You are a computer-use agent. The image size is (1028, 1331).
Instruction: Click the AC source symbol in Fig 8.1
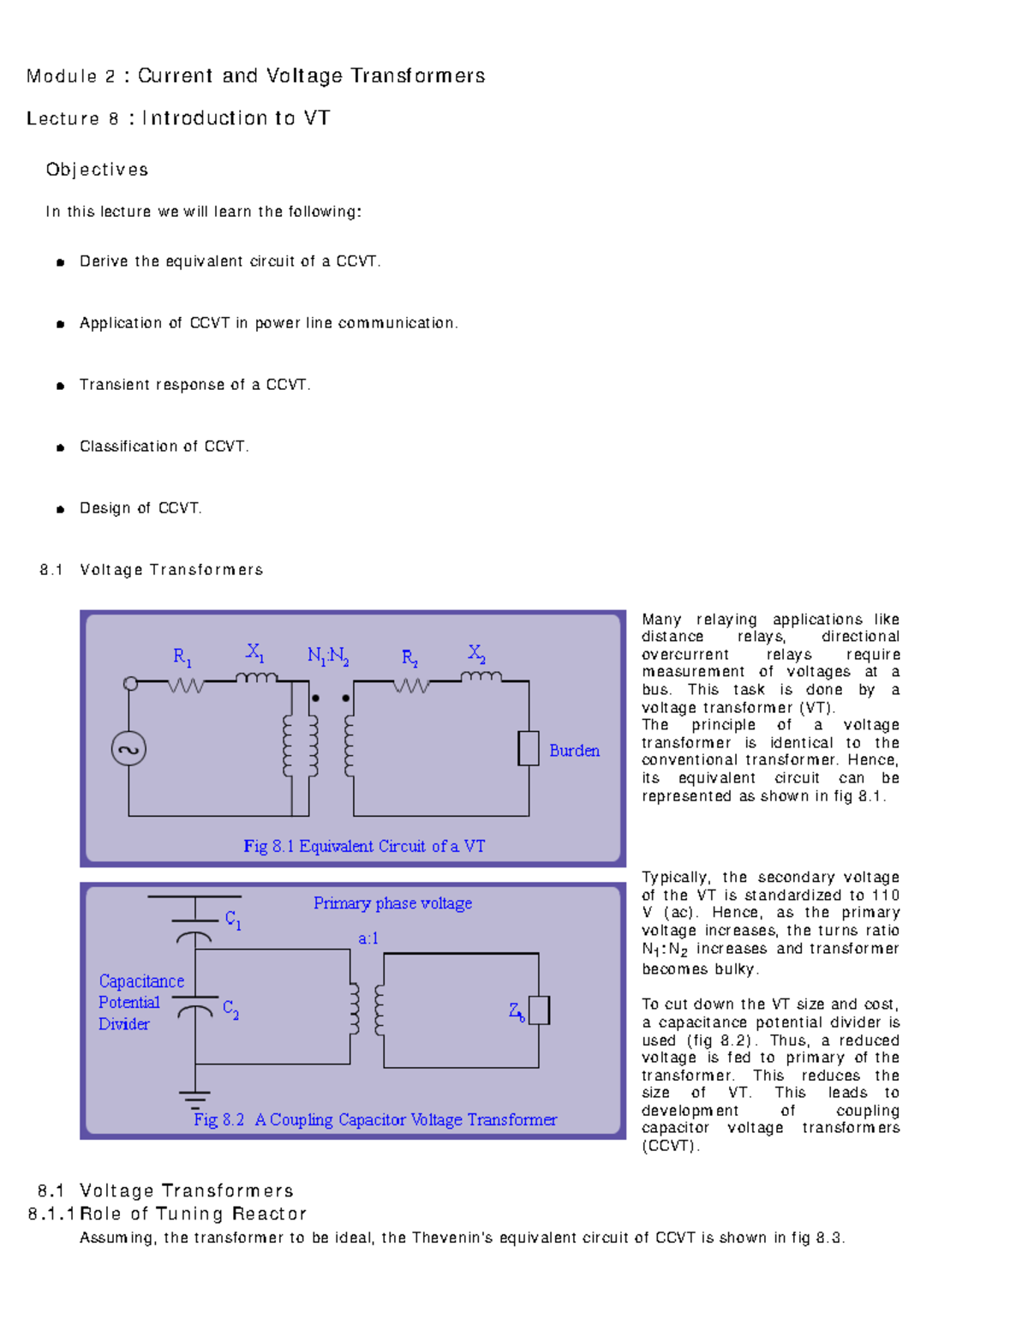(x=128, y=749)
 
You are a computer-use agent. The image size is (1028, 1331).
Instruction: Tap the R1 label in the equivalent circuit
(x=182, y=657)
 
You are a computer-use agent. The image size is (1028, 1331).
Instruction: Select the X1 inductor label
(x=254, y=653)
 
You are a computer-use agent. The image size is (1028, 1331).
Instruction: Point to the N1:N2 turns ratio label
(x=327, y=657)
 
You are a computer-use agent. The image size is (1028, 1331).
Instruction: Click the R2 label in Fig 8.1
(x=409, y=658)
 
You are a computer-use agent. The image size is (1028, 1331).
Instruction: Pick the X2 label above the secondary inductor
(x=476, y=653)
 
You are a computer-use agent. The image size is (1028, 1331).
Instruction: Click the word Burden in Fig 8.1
(x=574, y=751)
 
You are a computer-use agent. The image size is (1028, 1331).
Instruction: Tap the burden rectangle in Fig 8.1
(x=529, y=748)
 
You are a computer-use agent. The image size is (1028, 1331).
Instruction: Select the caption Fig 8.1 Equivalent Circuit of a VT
(x=364, y=846)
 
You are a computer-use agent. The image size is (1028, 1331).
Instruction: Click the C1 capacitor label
(x=233, y=920)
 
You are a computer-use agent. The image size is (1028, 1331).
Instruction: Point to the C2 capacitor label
(x=230, y=1009)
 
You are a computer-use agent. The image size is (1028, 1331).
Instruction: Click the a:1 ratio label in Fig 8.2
(x=368, y=938)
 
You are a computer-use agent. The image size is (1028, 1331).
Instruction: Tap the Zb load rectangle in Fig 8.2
(x=539, y=1010)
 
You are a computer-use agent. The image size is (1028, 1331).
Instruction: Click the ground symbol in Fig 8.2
(x=194, y=1099)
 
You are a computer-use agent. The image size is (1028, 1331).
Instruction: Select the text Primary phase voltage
(x=392, y=903)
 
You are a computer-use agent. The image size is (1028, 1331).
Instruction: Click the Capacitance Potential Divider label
(x=140, y=1002)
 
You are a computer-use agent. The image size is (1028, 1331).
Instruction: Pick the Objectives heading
(x=97, y=170)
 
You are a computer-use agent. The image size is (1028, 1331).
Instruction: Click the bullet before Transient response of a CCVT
(x=60, y=386)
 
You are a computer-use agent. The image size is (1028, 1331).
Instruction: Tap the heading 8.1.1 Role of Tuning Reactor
(x=167, y=1214)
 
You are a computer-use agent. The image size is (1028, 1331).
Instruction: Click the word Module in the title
(x=62, y=76)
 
